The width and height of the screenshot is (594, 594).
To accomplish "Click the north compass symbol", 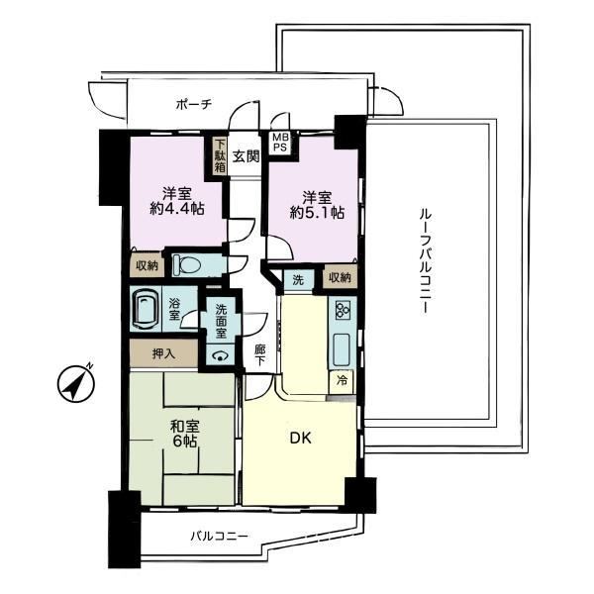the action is pyautogui.click(x=76, y=383).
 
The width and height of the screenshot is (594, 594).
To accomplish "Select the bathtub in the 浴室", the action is pyautogui.click(x=146, y=309).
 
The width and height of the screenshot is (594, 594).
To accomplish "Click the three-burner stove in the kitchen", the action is pyautogui.click(x=343, y=308).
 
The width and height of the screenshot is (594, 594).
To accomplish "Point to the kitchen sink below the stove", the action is pyautogui.click(x=343, y=349).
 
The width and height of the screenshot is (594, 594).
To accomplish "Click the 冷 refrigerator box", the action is pyautogui.click(x=342, y=381).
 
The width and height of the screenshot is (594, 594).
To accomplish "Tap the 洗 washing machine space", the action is pyautogui.click(x=299, y=280).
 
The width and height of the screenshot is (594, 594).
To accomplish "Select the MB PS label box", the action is pyautogui.click(x=280, y=143).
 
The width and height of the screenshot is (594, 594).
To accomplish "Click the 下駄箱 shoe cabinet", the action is pyautogui.click(x=220, y=156).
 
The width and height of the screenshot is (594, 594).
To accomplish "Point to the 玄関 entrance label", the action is pyautogui.click(x=246, y=155).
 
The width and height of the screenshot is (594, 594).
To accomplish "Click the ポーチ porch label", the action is pyautogui.click(x=194, y=104).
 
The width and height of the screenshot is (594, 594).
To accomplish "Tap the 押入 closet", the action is pyautogui.click(x=163, y=353).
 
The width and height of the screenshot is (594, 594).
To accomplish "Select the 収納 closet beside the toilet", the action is pyautogui.click(x=147, y=265).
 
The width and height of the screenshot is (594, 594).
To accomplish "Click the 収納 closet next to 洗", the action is pyautogui.click(x=340, y=278).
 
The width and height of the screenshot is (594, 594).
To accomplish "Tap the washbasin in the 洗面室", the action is pyautogui.click(x=220, y=356).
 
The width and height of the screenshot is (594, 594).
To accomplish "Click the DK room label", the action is pyautogui.click(x=300, y=439).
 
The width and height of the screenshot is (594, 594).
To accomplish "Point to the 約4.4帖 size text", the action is pyautogui.click(x=177, y=209).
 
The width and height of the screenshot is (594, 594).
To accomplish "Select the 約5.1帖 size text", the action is pyautogui.click(x=317, y=213).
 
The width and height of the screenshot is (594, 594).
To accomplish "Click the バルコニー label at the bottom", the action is pyautogui.click(x=219, y=536).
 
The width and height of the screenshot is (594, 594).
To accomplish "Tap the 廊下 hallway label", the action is pyautogui.click(x=259, y=354).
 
